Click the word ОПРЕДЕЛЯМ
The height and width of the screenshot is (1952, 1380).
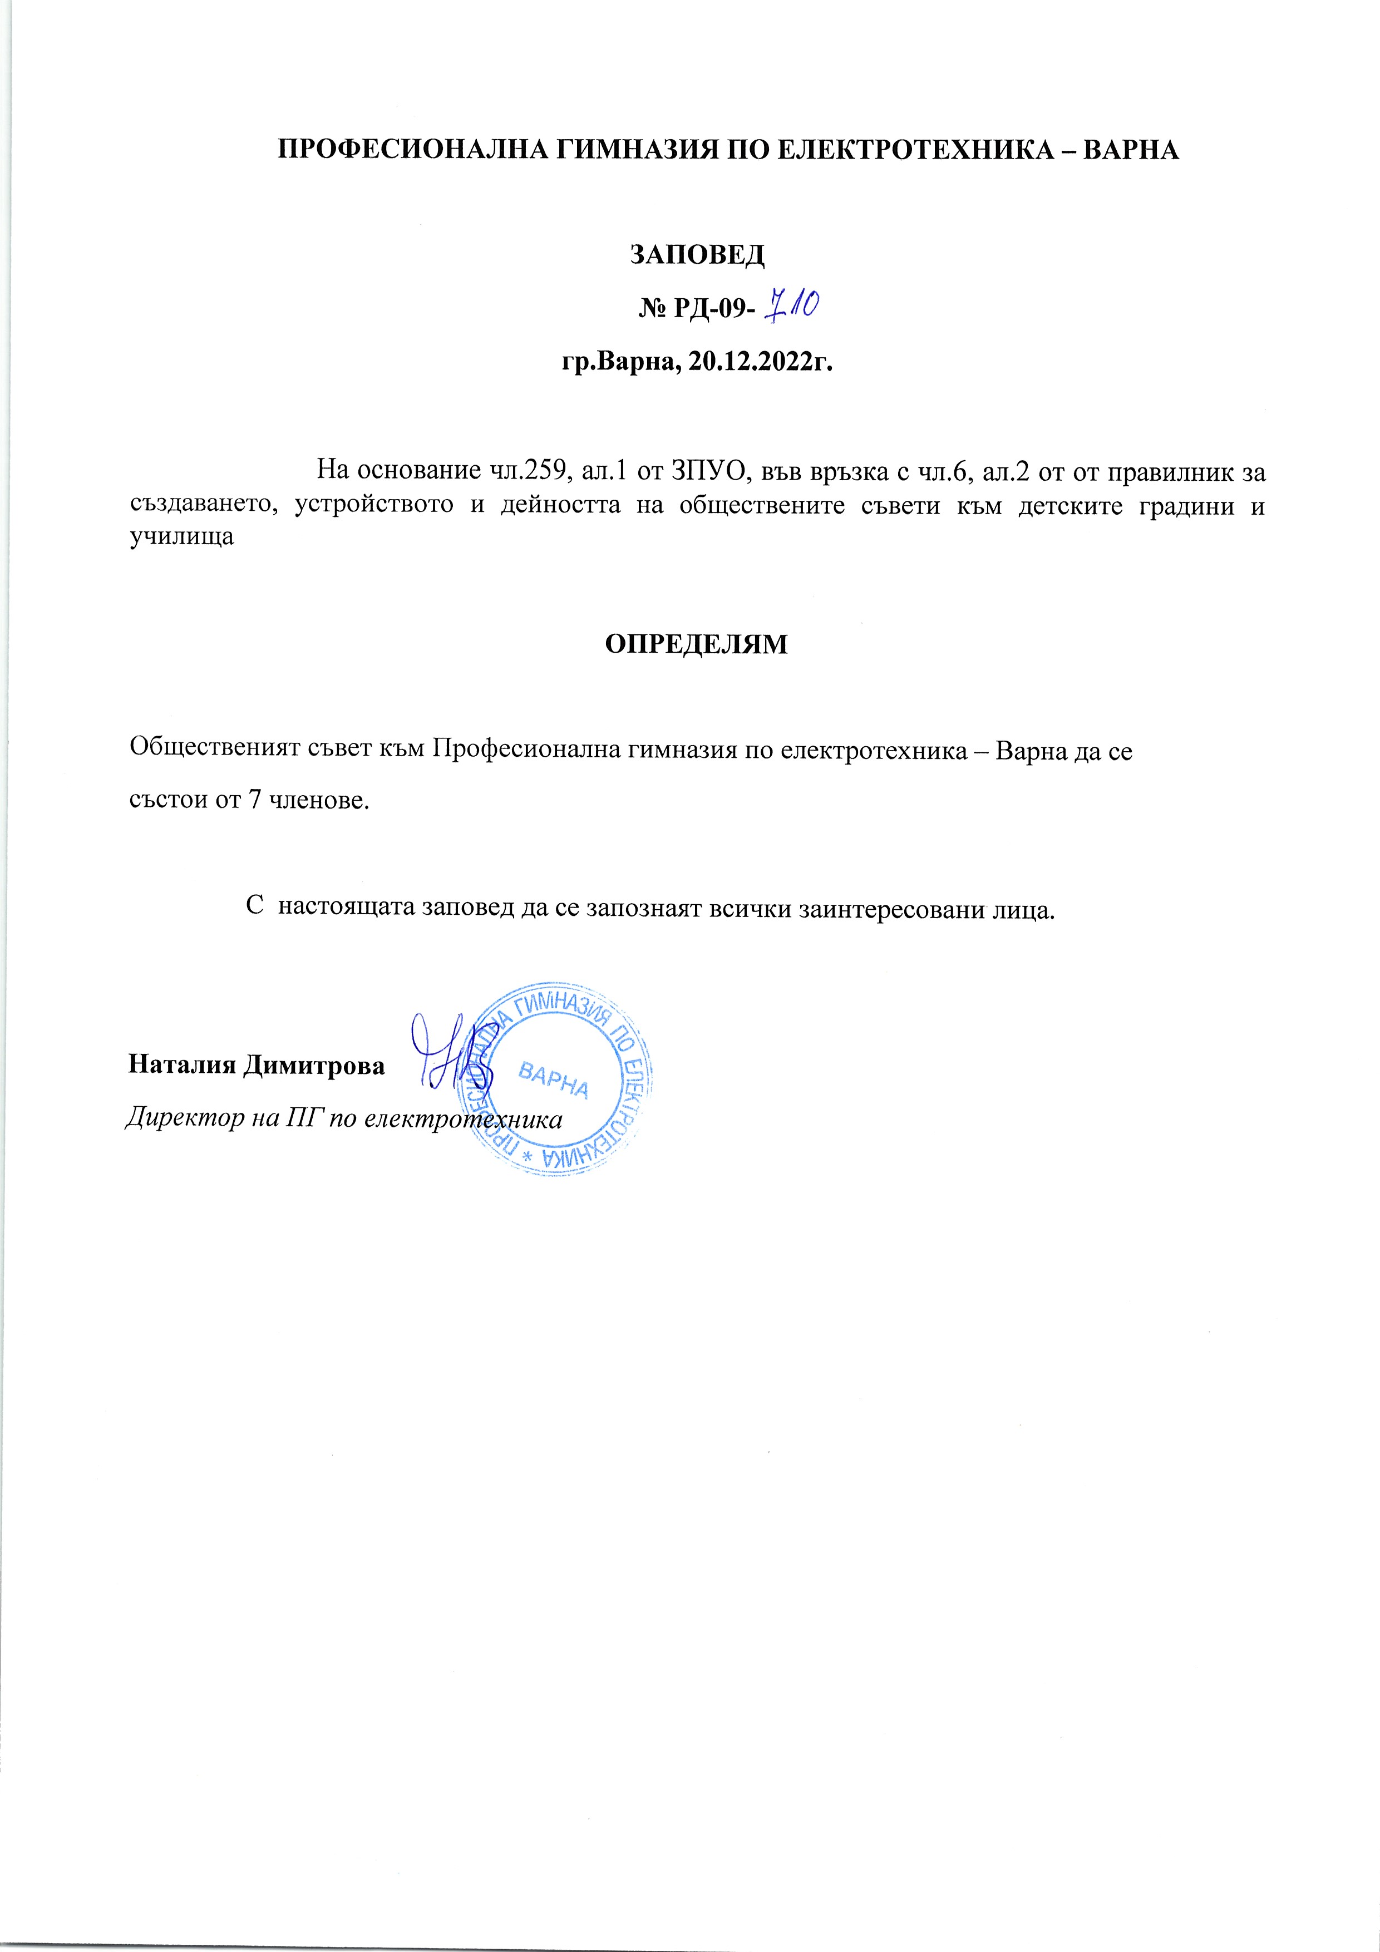click(x=696, y=644)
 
